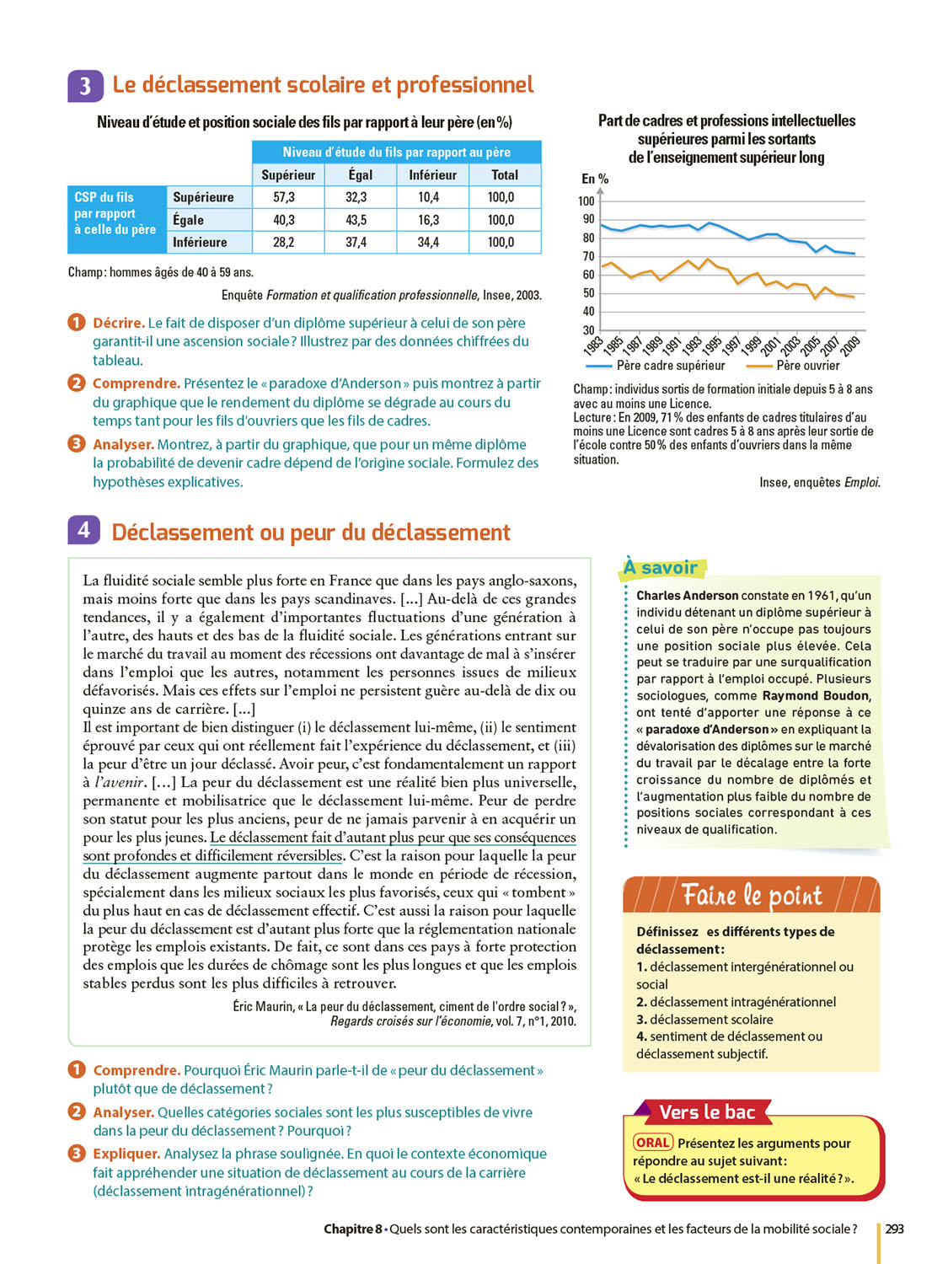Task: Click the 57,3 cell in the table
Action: click(x=284, y=197)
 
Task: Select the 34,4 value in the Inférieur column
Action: click(x=428, y=243)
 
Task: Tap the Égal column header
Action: click(x=360, y=175)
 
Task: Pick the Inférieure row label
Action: click(x=200, y=243)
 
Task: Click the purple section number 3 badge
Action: click(x=85, y=86)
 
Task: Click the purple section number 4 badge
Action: click(x=83, y=530)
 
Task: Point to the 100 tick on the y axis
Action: click(x=586, y=201)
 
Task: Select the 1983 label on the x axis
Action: click(x=593, y=345)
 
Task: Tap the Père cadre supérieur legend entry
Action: click(x=670, y=366)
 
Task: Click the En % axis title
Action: click(x=595, y=179)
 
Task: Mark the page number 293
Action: click(x=894, y=1229)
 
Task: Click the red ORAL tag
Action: click(x=653, y=1143)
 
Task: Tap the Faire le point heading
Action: click(x=751, y=895)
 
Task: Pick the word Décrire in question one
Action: click(x=118, y=323)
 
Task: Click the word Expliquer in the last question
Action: click(x=126, y=1154)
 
